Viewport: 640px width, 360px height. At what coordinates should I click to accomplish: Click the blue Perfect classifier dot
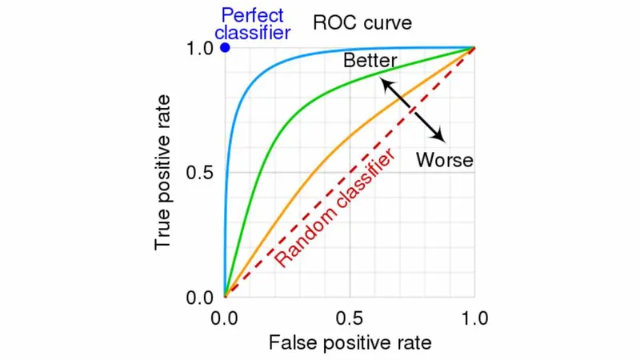coord(225,48)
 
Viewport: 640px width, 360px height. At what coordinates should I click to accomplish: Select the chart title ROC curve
coord(362,22)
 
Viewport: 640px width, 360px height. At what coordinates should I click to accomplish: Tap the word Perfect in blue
coord(252,15)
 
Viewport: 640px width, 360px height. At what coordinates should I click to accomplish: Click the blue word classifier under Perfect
coord(252,34)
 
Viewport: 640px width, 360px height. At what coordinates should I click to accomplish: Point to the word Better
coord(370,61)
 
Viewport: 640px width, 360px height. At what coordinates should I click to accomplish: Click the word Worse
coord(444,160)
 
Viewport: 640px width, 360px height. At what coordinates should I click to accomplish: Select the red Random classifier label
coord(335,207)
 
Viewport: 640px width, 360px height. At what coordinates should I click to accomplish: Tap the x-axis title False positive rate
coord(350,343)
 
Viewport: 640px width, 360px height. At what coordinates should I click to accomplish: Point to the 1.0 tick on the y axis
coord(199,48)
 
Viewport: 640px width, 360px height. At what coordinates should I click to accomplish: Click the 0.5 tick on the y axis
coord(199,174)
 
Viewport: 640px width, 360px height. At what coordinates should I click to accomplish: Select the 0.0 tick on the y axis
coord(199,298)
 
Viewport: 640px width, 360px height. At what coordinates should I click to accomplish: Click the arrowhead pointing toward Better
coord(384,82)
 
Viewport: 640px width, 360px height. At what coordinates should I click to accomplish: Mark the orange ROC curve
coord(320,167)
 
